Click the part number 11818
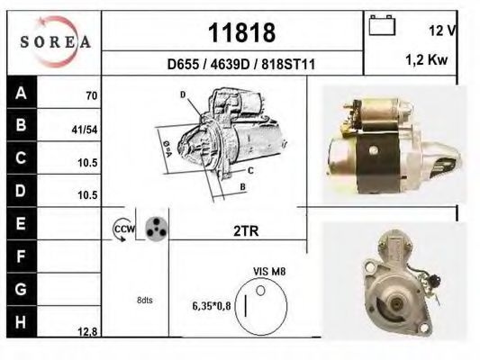(241, 32)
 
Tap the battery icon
(382, 27)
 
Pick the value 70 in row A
(91, 95)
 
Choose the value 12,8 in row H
(87, 331)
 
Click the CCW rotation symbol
(122, 230)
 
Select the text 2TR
(246, 231)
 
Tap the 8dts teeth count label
(144, 300)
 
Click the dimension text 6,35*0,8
(213, 306)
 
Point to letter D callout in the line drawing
(182, 94)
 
